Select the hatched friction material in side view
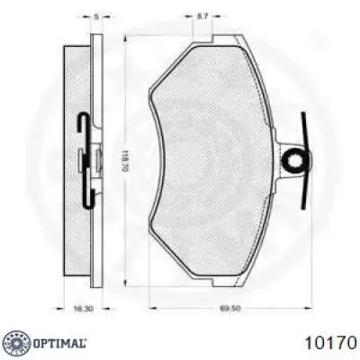coord(76,162)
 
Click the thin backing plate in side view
coord(94,162)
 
